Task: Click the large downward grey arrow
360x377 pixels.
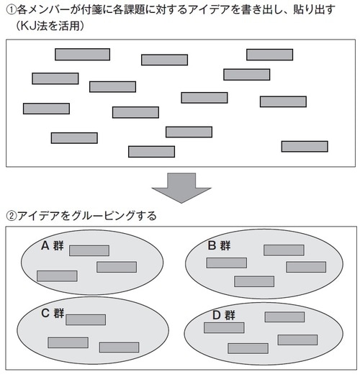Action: pyautogui.click(x=181, y=188)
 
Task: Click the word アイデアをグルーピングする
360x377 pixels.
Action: pyautogui.click(x=86, y=215)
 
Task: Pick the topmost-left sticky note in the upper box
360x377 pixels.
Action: pyautogui.click(x=82, y=54)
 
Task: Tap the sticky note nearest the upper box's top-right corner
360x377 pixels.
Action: pyautogui.click(x=269, y=54)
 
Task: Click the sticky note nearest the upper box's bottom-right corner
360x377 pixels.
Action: pyautogui.click(x=304, y=146)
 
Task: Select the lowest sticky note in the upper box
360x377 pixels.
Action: pyautogui.click(x=151, y=151)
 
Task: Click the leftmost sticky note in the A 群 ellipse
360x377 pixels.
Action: pyautogui.click(x=57, y=276)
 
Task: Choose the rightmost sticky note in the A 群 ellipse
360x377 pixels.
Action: pyautogui.click(x=116, y=267)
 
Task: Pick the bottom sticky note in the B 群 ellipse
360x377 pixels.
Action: pyautogui.click(x=253, y=281)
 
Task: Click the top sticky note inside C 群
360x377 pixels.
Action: pyautogui.click(x=85, y=319)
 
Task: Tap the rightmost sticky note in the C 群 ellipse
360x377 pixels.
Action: pyautogui.click(x=119, y=347)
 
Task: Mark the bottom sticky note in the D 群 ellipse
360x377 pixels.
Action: pyautogui.click(x=248, y=348)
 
